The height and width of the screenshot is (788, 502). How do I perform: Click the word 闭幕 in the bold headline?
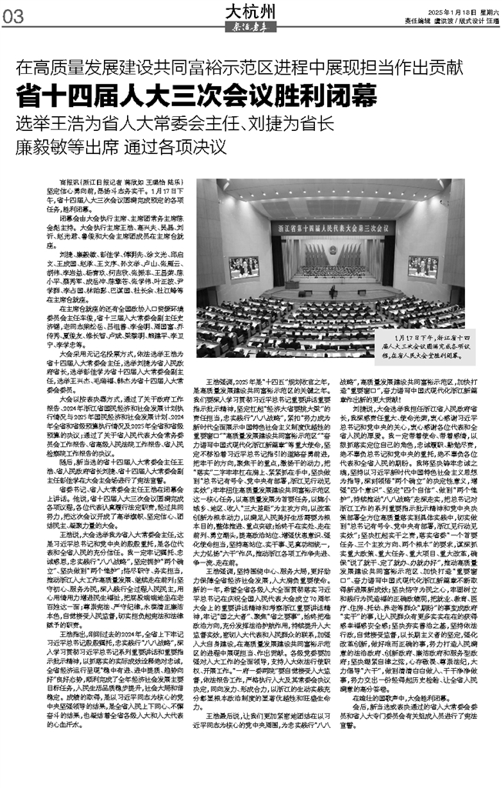click(353, 96)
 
